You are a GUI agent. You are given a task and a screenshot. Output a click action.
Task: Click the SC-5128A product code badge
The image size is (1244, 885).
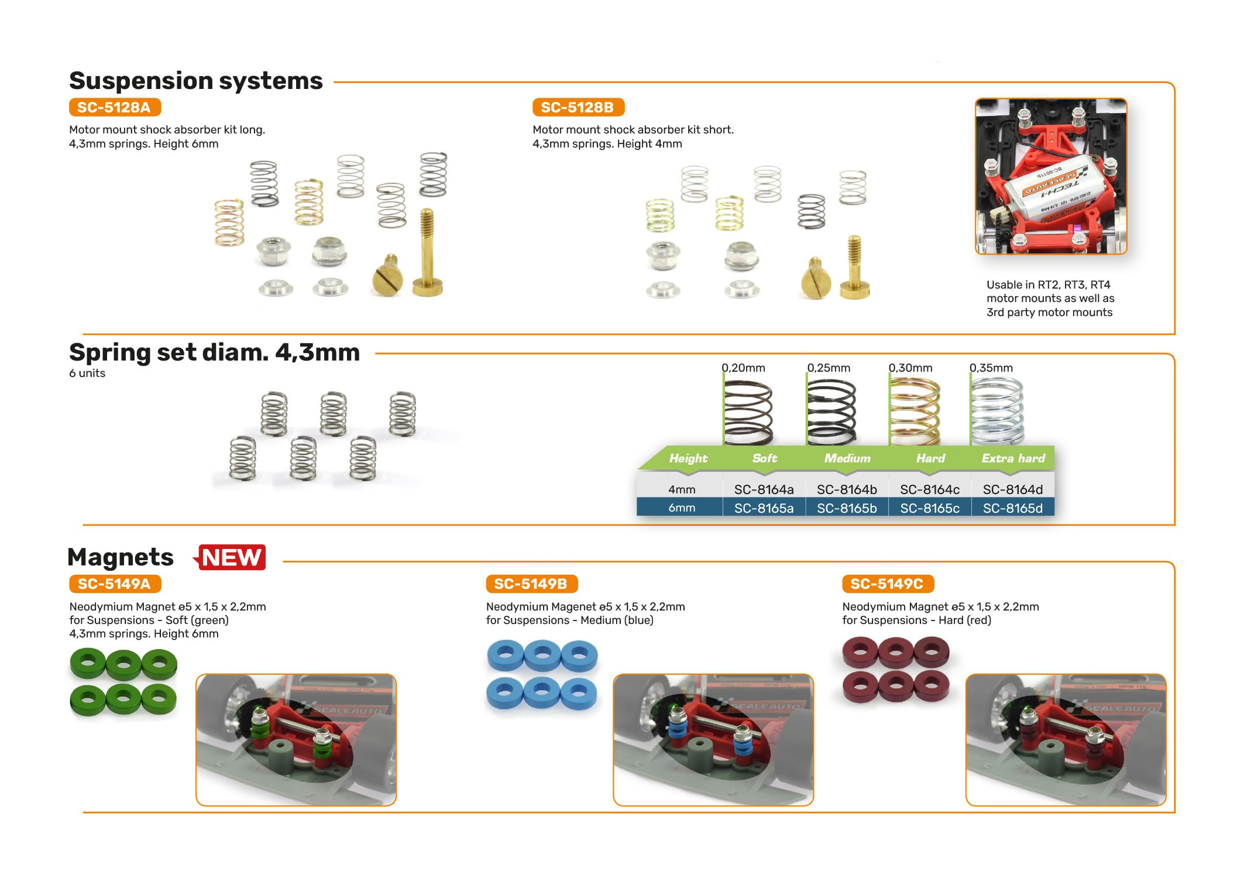[x=115, y=108]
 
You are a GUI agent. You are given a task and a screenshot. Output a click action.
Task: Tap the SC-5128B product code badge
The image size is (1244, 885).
[x=578, y=108]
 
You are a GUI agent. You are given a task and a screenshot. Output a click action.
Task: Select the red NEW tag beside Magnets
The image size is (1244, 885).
[x=231, y=557]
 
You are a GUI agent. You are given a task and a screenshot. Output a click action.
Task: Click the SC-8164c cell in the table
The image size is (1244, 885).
[x=930, y=489]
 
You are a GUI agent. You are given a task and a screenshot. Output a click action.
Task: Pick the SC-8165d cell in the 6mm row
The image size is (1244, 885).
[x=1012, y=508]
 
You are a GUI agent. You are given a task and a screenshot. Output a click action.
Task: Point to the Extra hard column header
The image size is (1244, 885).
[x=1013, y=458]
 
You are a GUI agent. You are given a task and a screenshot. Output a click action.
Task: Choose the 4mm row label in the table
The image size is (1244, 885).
[x=682, y=489]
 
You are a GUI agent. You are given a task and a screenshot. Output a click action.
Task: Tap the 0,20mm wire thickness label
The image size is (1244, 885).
[x=743, y=368]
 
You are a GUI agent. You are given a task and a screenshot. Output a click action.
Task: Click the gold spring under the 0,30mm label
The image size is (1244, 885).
[x=915, y=411]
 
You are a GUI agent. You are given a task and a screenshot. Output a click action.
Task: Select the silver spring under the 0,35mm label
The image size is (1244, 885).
[x=997, y=411]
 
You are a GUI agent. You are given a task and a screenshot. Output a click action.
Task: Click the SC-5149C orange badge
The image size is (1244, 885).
[x=887, y=584]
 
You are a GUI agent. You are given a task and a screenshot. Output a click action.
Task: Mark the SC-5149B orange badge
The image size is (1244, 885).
[x=531, y=584]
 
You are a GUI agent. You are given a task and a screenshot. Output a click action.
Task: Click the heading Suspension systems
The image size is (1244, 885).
[x=196, y=81]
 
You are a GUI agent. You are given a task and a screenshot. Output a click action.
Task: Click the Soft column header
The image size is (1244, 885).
[x=764, y=458]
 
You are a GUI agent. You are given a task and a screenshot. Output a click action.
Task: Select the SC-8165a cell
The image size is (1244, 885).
[x=764, y=508]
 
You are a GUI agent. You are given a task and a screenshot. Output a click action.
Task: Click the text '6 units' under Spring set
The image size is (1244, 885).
[x=87, y=373]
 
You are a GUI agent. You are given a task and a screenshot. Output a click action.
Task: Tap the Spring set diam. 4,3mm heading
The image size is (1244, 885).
[x=214, y=352]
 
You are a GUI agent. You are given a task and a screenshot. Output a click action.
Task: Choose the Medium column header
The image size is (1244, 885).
[x=847, y=458]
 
